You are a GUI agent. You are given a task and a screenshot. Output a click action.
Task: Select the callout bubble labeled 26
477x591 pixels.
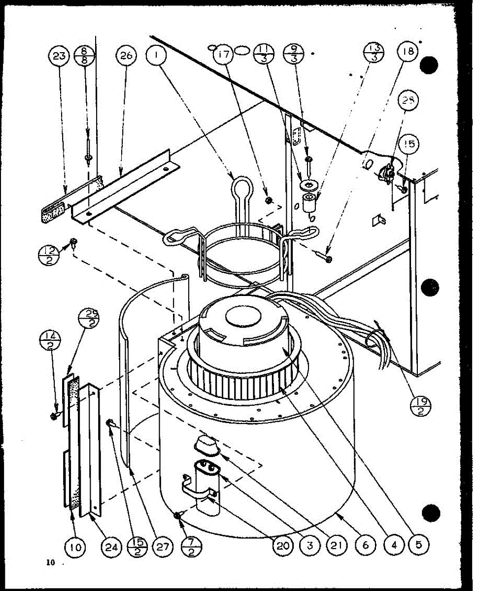[x=126, y=56]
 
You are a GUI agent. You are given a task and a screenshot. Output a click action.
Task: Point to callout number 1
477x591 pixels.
[x=156, y=56]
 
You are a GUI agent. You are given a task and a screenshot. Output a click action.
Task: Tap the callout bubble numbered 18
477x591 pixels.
[x=408, y=52]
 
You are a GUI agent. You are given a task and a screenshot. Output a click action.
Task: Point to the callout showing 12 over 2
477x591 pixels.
[x=48, y=255]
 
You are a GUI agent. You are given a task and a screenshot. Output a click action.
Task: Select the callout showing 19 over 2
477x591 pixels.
[x=421, y=407]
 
